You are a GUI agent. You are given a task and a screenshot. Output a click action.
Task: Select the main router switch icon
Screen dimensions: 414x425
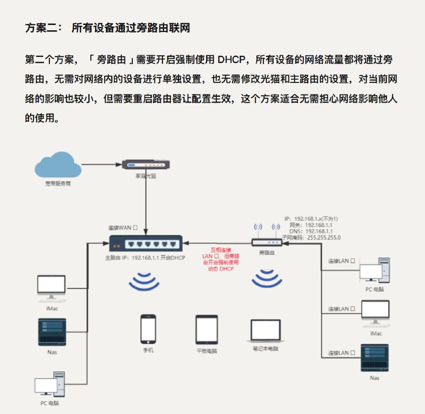[x=146, y=243]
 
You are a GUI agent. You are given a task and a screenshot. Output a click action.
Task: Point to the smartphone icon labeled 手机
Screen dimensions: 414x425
[x=148, y=329]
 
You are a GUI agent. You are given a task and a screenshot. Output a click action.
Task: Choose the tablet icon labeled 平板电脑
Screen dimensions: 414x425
[x=207, y=329]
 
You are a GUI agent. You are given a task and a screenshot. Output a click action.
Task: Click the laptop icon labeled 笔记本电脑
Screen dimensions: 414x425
[x=265, y=331]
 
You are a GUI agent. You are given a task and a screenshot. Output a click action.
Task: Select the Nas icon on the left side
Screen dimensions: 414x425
[x=52, y=332]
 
